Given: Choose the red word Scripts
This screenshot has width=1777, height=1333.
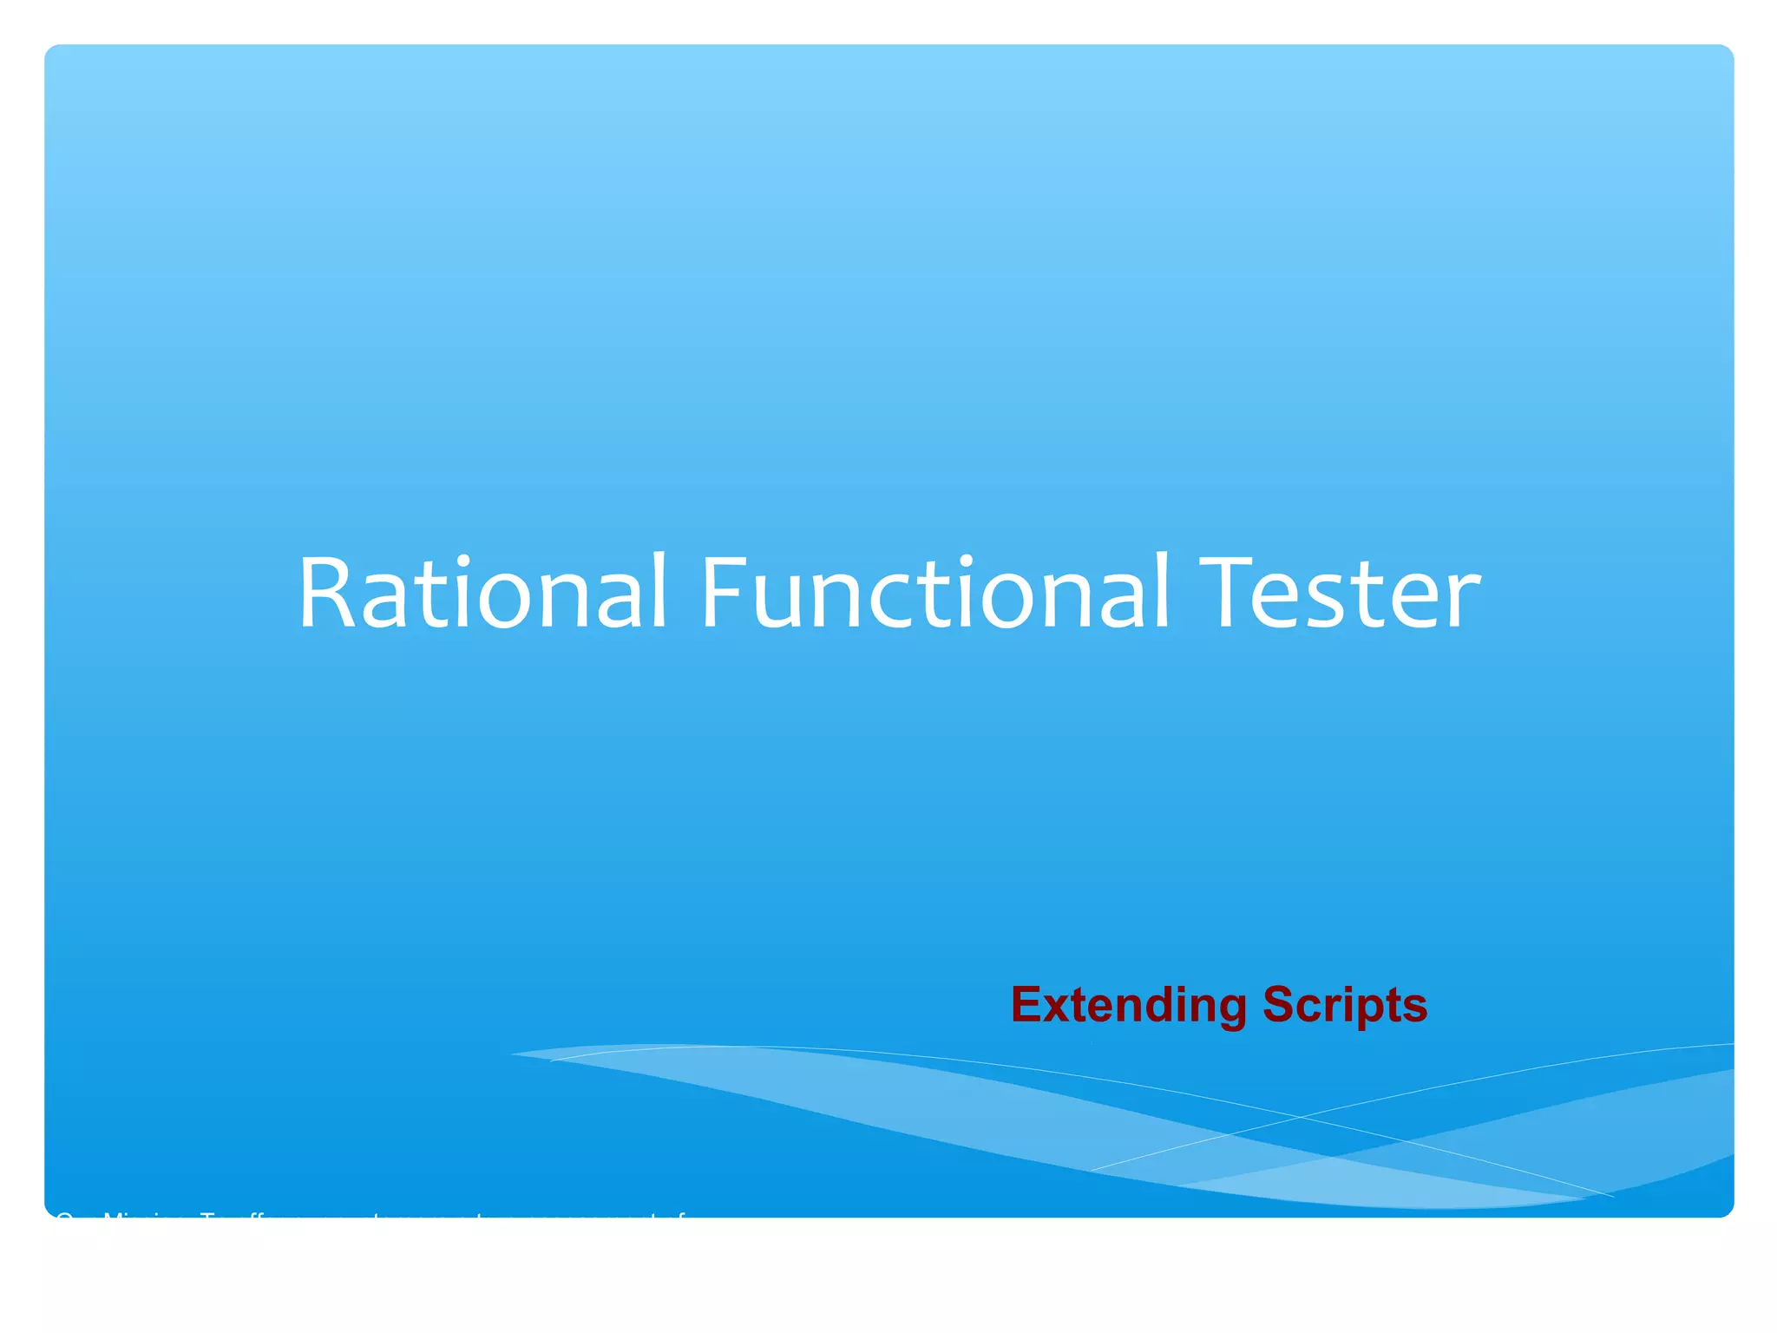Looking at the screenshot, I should (1345, 1005).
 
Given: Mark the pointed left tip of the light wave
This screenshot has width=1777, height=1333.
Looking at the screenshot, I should (514, 1054).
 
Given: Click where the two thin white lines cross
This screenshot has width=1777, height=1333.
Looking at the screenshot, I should (1299, 1117).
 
